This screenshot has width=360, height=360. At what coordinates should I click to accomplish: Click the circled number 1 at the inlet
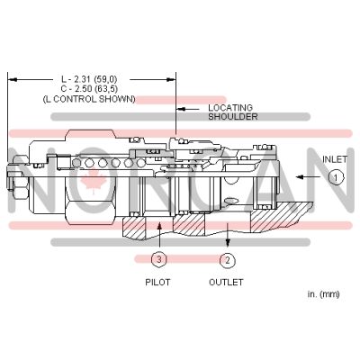[x=334, y=178]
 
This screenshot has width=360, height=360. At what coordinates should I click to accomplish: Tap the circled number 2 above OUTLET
[x=227, y=261]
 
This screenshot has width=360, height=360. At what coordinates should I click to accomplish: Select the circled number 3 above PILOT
[x=158, y=261]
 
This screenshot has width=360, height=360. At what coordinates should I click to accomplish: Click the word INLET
[x=335, y=159]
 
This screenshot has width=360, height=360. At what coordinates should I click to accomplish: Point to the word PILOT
[x=158, y=282]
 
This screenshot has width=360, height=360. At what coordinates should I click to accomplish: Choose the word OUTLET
[x=226, y=282]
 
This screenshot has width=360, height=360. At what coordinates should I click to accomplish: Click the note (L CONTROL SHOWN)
[x=89, y=99]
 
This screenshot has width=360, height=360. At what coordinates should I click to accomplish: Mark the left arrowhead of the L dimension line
[x=11, y=77]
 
